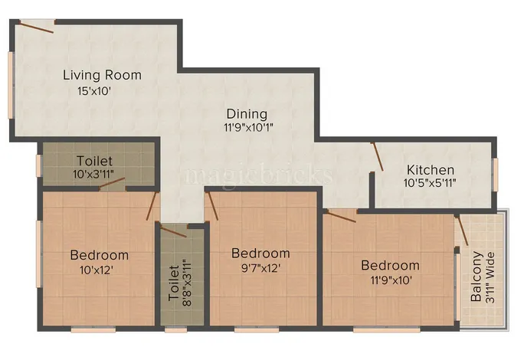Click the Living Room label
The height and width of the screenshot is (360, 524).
[102, 75]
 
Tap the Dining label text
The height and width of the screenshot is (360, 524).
[246, 114]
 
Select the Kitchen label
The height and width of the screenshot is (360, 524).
[430, 170]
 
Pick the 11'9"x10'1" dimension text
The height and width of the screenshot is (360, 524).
[248, 128]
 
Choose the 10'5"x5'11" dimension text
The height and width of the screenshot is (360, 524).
[430, 184]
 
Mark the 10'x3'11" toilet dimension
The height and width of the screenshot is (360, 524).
[94, 175]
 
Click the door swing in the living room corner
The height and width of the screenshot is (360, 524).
[35, 28]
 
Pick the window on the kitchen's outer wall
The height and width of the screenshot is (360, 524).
[496, 173]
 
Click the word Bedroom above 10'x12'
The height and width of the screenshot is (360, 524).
[99, 255]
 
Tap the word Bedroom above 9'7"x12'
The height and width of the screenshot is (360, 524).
[260, 253]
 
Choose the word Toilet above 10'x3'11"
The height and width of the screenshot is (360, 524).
[94, 161]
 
